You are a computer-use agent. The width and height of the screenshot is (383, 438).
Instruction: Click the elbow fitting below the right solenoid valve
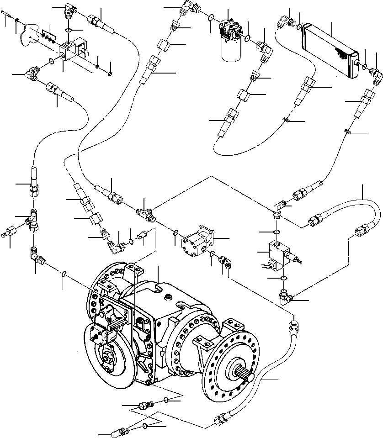(287, 297)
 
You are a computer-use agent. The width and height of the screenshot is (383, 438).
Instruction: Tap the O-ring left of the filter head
(211, 18)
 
